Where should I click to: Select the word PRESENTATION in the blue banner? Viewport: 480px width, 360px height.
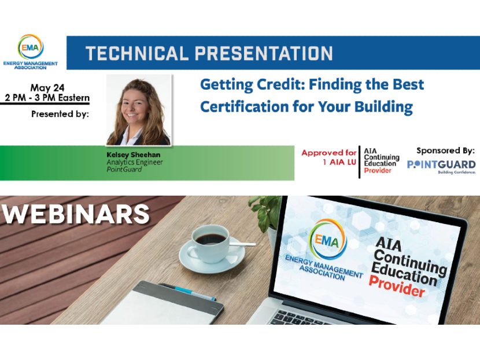[264, 53]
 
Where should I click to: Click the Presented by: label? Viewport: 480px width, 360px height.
[60, 114]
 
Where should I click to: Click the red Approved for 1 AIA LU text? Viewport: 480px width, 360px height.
[328, 157]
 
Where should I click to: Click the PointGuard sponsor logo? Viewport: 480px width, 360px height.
[441, 166]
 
